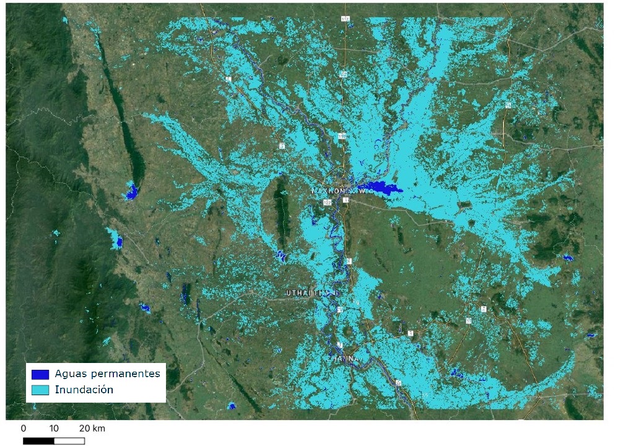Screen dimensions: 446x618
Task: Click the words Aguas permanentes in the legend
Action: [107, 374]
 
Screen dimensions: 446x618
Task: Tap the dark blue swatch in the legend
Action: [40, 374]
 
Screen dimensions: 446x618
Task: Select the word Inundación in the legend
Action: [84, 390]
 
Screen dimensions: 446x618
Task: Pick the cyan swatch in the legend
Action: [40, 390]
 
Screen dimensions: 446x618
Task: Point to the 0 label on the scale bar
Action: [24, 429]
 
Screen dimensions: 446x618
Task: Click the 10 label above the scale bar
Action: [54, 429]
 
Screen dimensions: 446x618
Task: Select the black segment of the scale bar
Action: [38, 441]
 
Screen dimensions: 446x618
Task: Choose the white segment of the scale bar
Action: [69, 441]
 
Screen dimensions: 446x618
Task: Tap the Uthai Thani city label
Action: [313, 292]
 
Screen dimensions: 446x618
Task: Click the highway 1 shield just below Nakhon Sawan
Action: [346, 201]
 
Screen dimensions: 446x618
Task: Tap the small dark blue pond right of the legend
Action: [231, 406]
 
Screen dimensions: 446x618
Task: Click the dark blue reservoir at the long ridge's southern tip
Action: [131, 191]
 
